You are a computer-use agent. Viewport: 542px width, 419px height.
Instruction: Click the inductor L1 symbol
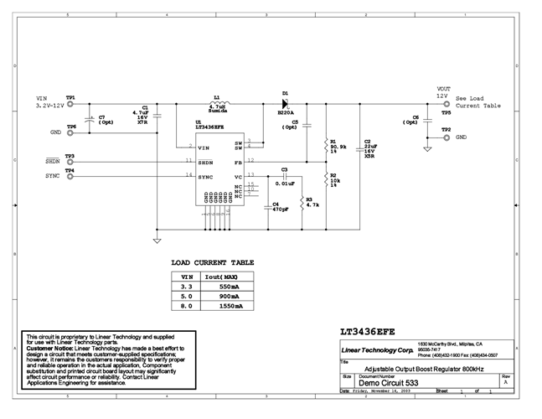coord(219,104)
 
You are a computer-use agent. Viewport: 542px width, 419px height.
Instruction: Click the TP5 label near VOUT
coord(446,111)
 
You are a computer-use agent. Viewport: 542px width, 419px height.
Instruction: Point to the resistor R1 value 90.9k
coord(339,147)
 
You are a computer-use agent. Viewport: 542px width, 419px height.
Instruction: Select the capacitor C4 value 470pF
coord(280,209)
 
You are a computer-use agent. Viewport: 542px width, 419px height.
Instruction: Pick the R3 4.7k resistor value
coord(312,204)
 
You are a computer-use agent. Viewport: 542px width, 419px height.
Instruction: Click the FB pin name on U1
coord(238,160)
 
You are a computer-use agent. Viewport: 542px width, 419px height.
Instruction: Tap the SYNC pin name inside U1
coord(205,176)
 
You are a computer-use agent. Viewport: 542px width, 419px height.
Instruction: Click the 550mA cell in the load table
coord(229,286)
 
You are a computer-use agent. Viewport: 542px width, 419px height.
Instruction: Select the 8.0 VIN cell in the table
coord(188,307)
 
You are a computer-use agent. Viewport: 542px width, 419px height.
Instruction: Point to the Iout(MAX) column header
coord(228,276)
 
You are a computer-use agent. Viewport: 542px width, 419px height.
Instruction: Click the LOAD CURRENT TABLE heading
coord(212,262)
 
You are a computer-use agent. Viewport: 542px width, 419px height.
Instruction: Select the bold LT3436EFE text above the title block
coord(373,331)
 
